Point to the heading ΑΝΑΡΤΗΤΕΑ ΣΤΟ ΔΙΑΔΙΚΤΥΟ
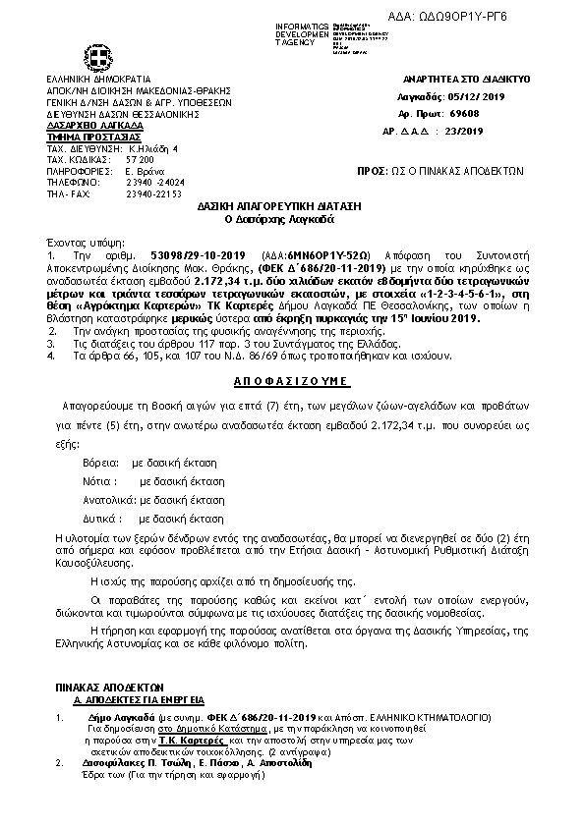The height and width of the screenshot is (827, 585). point(467,78)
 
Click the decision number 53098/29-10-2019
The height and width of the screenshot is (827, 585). point(186,253)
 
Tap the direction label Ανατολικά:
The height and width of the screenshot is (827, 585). point(107,499)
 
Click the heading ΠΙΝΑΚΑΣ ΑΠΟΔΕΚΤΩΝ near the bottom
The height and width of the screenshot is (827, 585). point(109,686)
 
